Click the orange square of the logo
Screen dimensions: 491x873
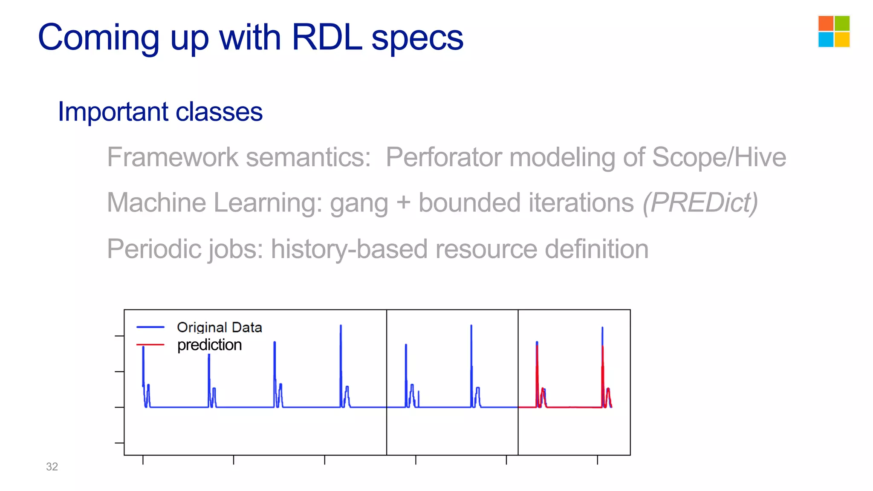826,23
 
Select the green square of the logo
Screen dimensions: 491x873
842,23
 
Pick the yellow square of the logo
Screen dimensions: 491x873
842,40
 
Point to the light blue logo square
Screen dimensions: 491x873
826,40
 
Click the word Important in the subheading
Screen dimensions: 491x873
113,112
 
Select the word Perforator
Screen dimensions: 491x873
443,157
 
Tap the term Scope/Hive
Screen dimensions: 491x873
719,157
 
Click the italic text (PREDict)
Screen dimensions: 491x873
700,202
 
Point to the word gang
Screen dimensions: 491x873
359,203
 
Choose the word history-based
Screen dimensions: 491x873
349,249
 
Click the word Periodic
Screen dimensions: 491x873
153,249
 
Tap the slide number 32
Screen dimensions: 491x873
52,467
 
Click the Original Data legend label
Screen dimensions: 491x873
219,327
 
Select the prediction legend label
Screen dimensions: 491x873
209,345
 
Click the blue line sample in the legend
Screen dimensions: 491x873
150,327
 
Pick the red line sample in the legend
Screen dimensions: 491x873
150,344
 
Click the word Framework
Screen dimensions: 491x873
173,157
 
